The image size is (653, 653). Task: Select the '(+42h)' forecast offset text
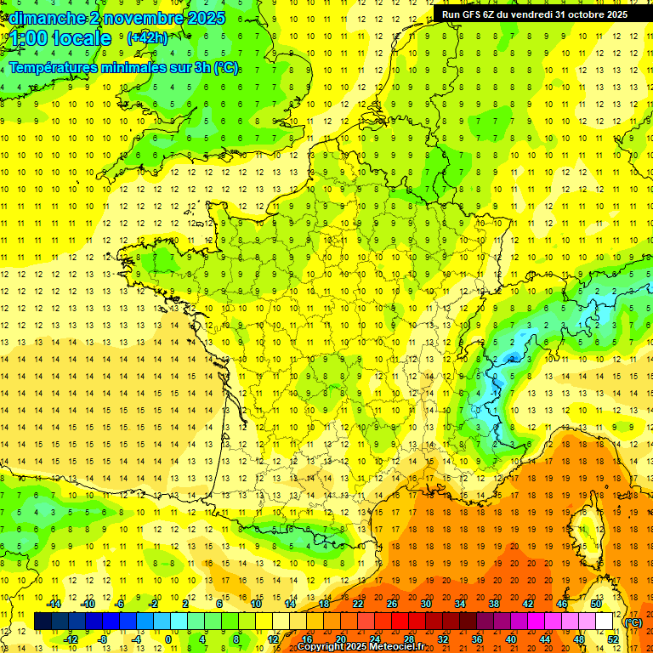(147, 37)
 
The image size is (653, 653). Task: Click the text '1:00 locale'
(60, 38)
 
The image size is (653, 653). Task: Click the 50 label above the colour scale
(596, 604)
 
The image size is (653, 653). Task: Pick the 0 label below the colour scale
(168, 639)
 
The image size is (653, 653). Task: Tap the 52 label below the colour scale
(614, 639)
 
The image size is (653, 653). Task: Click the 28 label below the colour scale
(409, 639)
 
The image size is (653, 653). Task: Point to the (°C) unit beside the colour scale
(633, 622)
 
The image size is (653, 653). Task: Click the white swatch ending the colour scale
(605, 621)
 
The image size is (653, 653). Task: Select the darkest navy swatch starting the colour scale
(43, 621)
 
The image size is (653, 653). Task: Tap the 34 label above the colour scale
(460, 604)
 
